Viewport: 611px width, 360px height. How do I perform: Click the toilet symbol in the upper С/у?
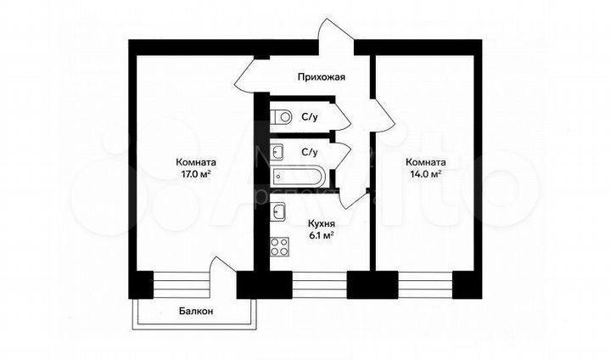coord(283,116)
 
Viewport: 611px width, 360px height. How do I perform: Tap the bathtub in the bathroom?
coord(297,177)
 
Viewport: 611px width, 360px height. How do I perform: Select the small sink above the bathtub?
coord(278,153)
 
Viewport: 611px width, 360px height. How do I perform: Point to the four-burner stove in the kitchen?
coord(279,247)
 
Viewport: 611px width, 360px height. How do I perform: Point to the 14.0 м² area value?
coord(423,175)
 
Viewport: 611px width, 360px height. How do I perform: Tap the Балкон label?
coord(195,312)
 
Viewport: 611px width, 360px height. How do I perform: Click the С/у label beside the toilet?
coord(309,117)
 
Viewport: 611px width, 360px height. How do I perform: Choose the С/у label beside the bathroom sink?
coord(309,153)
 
